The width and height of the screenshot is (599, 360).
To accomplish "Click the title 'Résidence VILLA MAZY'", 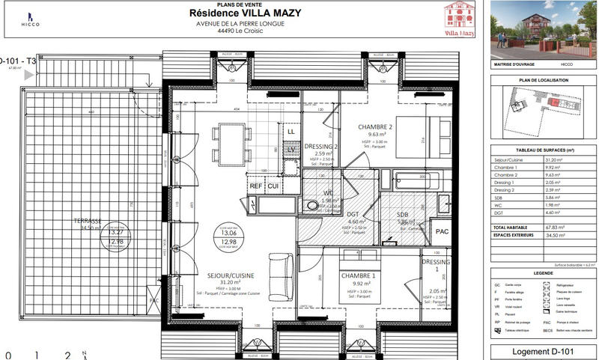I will coord(234,12).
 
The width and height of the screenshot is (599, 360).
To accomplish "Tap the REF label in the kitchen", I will coord(255,186).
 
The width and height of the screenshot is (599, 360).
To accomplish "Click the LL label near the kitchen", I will coord(291,132).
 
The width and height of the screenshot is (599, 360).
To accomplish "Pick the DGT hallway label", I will coord(355,214).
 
